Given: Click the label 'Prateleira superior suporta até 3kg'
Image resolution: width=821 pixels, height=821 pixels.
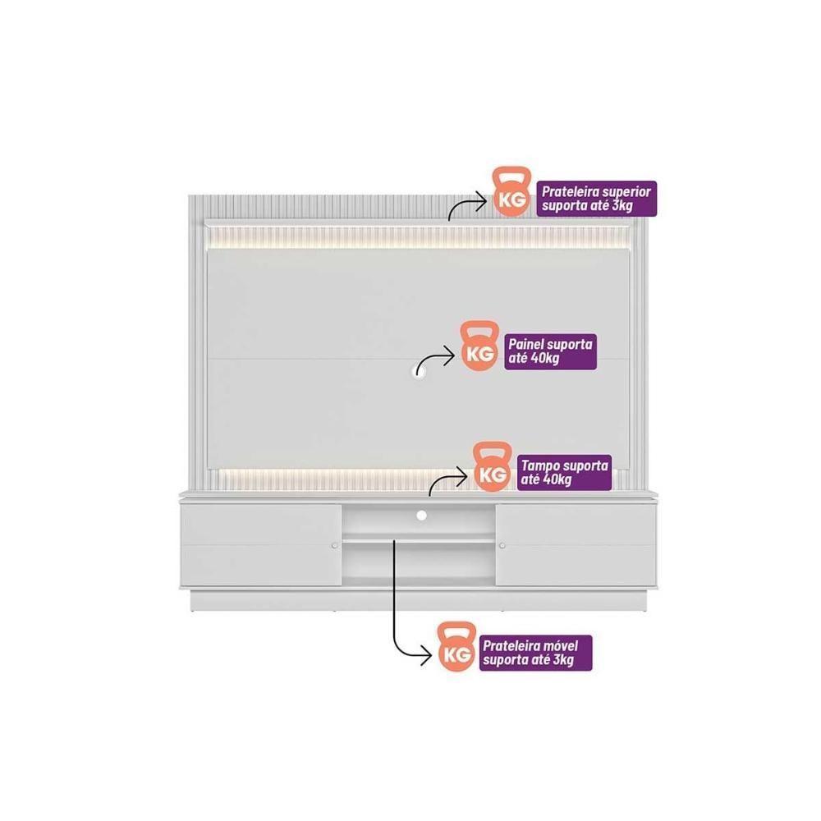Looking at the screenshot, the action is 596,199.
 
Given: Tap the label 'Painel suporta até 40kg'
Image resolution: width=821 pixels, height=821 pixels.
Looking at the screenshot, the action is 550,351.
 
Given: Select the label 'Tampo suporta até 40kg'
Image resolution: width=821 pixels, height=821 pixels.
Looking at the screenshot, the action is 565,472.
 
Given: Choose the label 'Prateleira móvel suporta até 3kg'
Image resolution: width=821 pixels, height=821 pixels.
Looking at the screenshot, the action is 535,653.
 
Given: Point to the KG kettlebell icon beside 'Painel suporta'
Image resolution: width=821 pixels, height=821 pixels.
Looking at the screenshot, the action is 480,346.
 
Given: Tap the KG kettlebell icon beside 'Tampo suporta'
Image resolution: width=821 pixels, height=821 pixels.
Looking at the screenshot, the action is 493,467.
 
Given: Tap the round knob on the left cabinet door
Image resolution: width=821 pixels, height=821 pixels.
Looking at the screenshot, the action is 335,546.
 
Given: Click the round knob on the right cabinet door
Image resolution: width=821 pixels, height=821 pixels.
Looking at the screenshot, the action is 502,546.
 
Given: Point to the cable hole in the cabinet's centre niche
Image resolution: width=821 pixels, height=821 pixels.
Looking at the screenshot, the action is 421,516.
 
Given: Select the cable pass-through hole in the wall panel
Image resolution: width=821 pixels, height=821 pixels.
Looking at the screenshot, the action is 419,369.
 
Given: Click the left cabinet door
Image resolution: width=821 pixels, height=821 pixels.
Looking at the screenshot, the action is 261,545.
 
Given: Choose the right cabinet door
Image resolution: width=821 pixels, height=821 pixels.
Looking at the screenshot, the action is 576,545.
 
